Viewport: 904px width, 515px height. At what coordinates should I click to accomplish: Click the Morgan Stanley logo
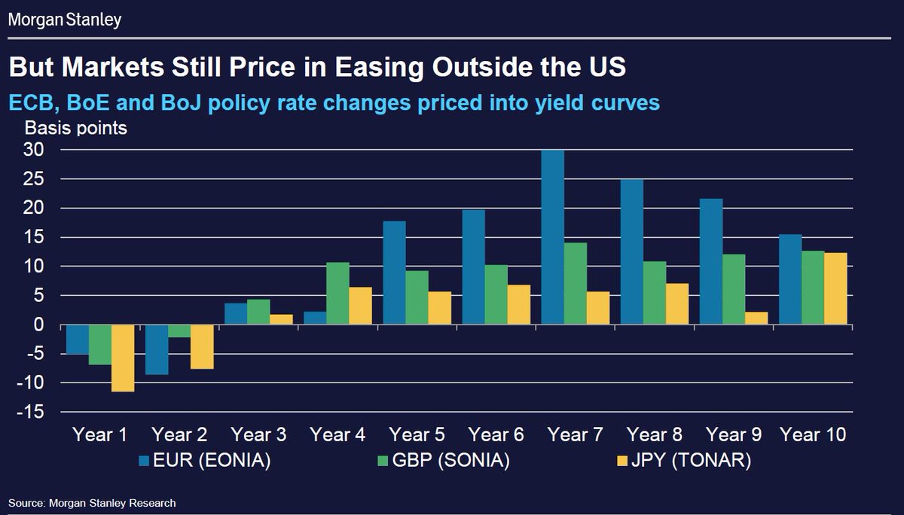point(64,19)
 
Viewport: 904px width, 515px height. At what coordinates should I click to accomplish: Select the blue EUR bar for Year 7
point(552,237)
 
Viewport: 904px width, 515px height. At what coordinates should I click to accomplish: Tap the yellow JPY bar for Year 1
point(123,358)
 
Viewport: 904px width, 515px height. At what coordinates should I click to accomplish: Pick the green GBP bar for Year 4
point(337,294)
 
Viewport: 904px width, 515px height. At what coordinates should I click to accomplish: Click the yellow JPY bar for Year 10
point(835,289)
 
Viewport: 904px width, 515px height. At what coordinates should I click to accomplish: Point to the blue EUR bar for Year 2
point(157,349)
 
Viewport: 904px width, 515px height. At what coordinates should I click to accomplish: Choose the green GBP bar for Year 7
point(575,284)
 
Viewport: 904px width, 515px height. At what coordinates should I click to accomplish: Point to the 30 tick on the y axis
point(35,150)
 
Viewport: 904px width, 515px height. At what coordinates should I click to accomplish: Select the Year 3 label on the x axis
point(258,434)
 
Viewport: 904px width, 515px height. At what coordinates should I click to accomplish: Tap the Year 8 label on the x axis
point(654,434)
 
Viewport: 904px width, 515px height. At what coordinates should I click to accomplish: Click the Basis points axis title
point(76,127)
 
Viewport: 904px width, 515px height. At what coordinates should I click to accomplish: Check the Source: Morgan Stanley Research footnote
point(92,502)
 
